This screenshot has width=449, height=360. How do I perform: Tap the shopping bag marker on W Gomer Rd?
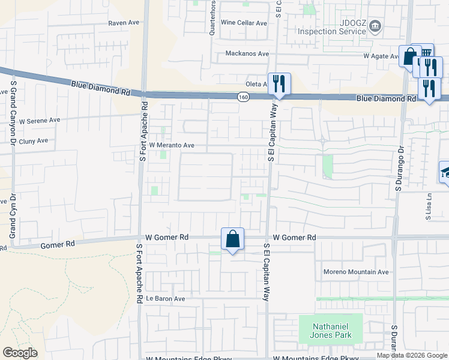232,239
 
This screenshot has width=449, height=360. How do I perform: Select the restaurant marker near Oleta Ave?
278,83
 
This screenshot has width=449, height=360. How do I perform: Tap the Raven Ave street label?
124,23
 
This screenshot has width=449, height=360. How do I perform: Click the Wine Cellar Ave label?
244,23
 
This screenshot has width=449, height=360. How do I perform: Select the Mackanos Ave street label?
247,53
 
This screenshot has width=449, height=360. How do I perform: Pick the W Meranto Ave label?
172,145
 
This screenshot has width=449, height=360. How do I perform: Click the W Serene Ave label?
40,120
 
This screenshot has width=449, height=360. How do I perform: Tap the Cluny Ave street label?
34,141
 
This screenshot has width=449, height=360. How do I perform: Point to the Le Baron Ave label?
165,298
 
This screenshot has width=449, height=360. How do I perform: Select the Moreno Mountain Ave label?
357,272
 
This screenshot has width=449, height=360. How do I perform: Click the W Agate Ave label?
381,56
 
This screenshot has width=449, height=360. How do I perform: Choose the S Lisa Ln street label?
429,206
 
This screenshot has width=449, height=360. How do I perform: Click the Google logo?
20,353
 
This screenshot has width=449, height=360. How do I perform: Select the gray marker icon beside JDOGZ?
375,26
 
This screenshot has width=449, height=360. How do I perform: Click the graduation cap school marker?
445,173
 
